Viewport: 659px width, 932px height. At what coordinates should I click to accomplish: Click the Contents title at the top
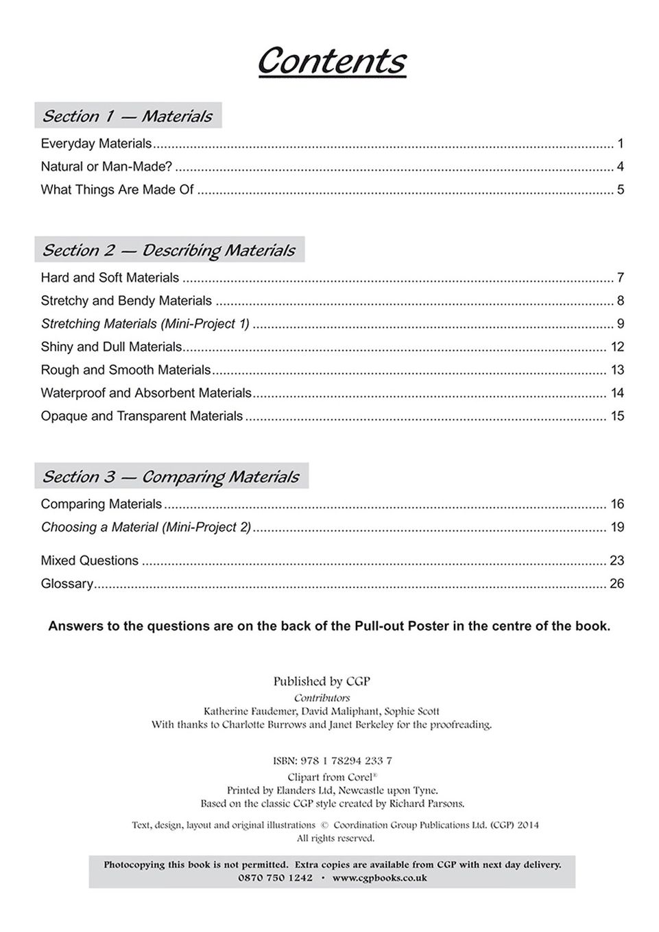click(331, 61)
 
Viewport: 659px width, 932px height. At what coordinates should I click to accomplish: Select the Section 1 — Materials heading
click(128, 116)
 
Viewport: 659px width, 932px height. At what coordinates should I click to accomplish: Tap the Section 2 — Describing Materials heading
click(169, 250)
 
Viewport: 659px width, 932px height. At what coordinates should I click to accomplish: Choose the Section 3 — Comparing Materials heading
click(171, 476)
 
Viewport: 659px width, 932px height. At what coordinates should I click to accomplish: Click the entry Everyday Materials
click(96, 144)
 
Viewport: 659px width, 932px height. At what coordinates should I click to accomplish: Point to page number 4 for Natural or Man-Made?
click(620, 167)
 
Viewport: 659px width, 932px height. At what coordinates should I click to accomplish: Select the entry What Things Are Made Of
click(117, 190)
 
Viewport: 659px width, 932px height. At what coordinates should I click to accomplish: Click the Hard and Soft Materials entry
click(110, 278)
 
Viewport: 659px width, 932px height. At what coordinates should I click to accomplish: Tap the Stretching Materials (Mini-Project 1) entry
click(145, 323)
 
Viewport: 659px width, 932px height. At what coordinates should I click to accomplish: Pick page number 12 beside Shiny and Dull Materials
click(617, 347)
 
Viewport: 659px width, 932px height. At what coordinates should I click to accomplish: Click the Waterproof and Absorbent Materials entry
click(146, 393)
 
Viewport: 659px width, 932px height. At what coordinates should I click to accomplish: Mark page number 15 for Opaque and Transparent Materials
click(617, 416)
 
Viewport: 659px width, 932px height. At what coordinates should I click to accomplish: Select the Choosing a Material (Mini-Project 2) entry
click(146, 527)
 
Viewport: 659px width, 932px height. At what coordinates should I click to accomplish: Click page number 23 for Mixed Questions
click(617, 561)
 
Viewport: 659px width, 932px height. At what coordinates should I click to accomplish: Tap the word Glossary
click(67, 584)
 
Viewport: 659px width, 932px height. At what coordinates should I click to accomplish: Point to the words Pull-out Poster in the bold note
click(401, 626)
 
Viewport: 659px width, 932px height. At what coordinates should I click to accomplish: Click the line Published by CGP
click(322, 681)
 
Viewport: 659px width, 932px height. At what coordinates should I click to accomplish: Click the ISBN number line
click(333, 761)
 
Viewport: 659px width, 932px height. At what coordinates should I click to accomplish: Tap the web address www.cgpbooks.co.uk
click(380, 878)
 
